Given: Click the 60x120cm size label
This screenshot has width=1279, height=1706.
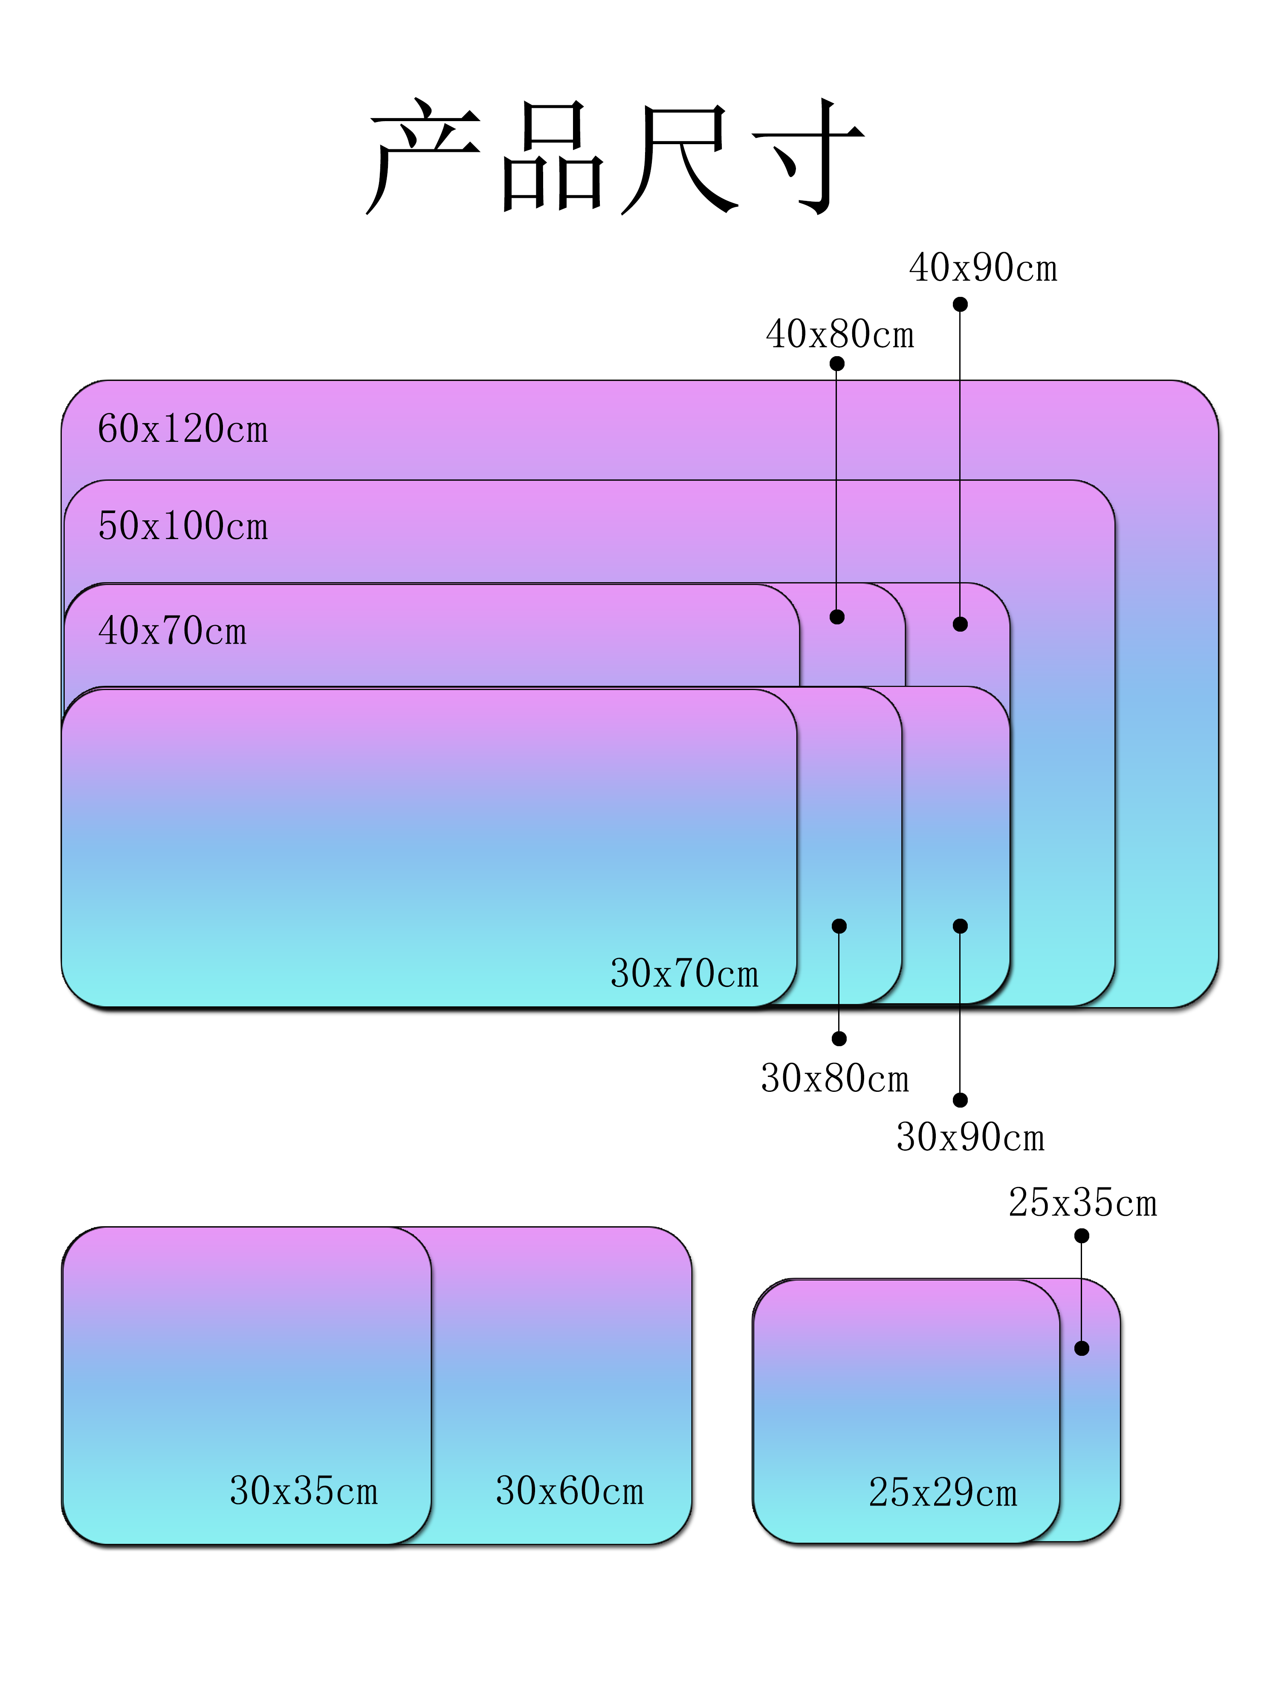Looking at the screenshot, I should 183,429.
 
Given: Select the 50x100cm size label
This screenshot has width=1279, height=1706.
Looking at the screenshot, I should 183,526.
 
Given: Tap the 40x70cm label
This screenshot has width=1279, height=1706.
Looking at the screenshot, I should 173,631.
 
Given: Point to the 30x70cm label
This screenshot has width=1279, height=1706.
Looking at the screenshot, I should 684,973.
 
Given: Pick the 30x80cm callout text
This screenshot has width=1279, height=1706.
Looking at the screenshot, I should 835,1078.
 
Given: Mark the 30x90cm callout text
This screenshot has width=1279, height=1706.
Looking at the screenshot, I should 970,1137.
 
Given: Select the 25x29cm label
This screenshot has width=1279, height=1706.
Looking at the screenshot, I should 943,1492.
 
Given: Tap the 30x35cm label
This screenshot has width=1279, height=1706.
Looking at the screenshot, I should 304,1491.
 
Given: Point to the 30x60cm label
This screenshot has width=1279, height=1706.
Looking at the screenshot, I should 569,1491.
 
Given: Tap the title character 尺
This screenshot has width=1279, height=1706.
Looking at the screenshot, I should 678,158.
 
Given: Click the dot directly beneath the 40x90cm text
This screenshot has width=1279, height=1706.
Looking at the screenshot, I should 960,305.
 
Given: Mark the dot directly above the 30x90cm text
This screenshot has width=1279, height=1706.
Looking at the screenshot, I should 960,1100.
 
